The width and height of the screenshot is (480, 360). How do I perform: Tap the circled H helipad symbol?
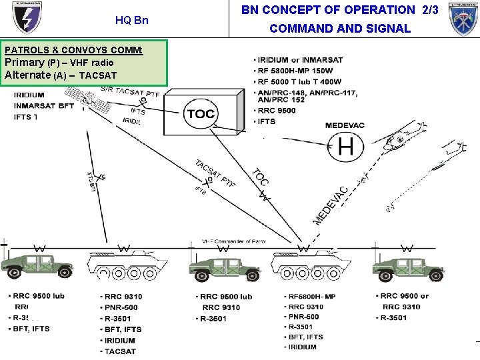(x=345, y=146)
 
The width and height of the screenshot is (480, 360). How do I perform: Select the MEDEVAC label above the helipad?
(x=345, y=125)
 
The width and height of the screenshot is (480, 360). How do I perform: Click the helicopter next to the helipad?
(x=403, y=142)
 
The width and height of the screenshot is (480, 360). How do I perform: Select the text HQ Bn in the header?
(x=132, y=20)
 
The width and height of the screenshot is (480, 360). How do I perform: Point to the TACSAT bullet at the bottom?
(x=120, y=351)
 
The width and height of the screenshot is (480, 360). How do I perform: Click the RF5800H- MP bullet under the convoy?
(x=311, y=297)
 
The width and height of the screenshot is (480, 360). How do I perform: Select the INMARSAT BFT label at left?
(x=44, y=106)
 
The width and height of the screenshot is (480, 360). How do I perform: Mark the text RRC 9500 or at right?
(x=405, y=296)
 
